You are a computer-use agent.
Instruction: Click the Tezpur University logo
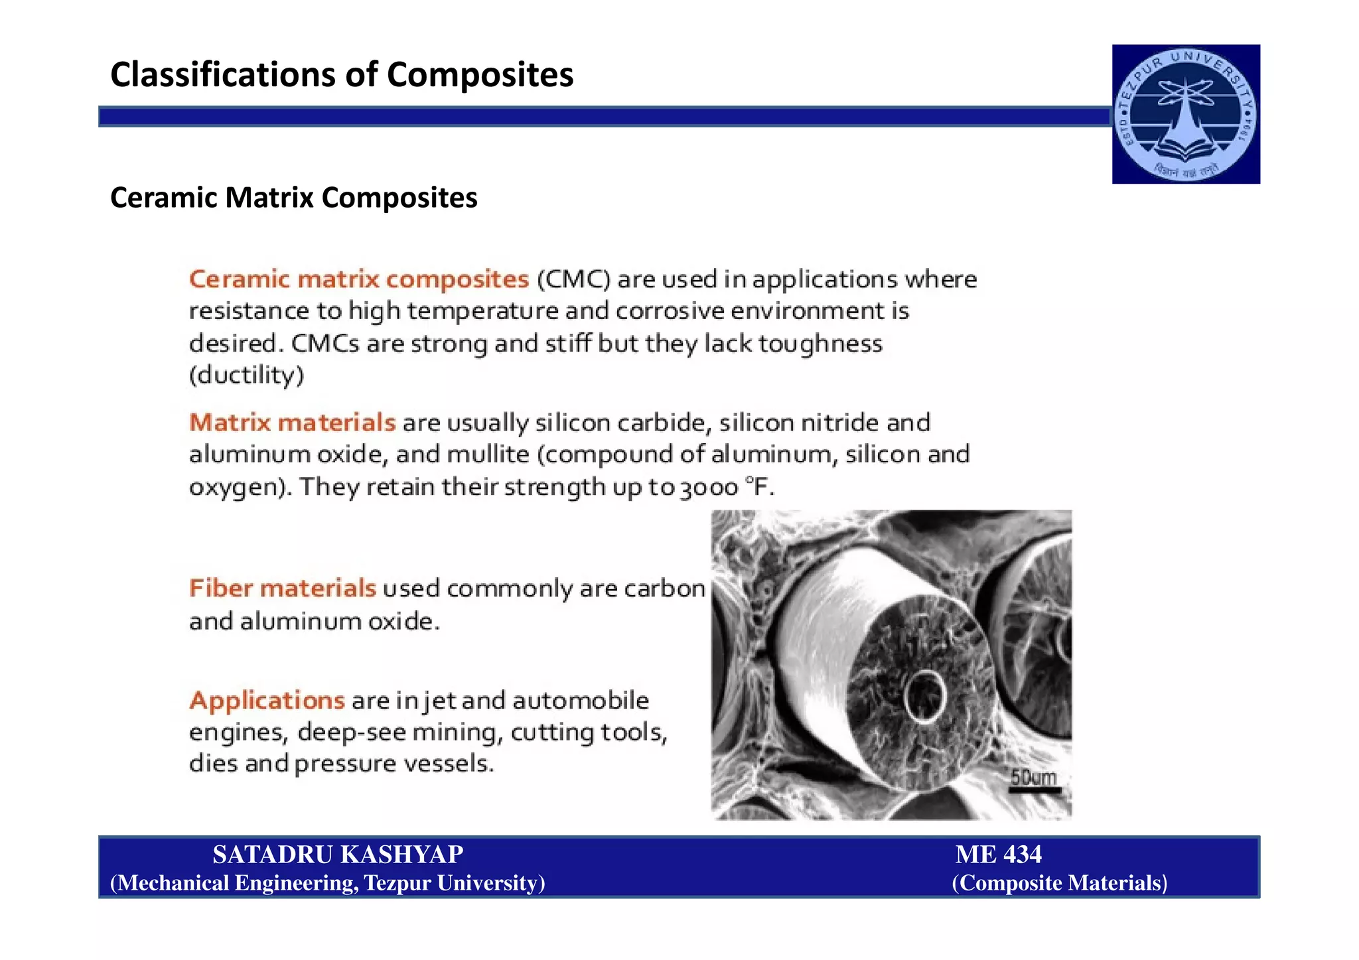pos(1186,114)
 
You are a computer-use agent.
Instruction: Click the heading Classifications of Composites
pos(342,74)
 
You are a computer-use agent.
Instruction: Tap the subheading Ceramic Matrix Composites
pos(293,198)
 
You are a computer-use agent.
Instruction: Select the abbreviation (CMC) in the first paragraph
pos(573,279)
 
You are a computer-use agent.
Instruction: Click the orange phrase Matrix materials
pos(292,423)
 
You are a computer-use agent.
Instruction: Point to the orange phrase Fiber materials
pos(283,588)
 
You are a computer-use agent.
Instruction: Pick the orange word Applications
pos(267,701)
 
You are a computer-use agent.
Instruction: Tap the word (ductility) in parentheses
pos(246,376)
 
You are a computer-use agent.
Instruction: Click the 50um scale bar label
pos(1033,778)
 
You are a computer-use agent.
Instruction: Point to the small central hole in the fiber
pos(925,695)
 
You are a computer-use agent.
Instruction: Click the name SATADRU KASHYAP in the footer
pos(338,855)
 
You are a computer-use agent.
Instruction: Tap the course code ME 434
pos(998,855)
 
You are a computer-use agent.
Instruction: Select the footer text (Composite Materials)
pos(1059,883)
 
